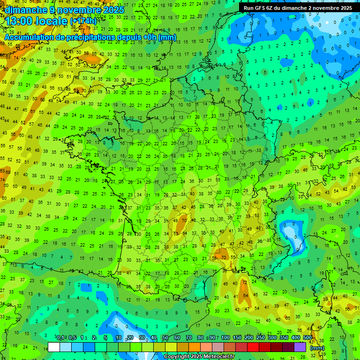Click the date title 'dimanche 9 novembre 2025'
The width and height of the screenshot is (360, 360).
(x=65, y=10)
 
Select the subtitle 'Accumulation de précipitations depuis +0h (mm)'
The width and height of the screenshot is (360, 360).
(x=90, y=37)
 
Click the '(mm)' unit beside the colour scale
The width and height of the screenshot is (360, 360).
(x=317, y=347)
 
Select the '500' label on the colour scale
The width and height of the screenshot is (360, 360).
(x=307, y=338)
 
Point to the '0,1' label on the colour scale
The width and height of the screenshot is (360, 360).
(x=60, y=338)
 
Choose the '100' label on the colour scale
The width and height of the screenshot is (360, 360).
(x=225, y=338)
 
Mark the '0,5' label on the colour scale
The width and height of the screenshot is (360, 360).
(x=72, y=338)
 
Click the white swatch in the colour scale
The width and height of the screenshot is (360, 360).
(x=54, y=347)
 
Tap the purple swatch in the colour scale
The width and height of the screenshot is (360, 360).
(x=300, y=347)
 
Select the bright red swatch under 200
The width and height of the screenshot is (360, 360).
(x=253, y=347)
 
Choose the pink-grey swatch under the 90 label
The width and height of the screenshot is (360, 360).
(x=218, y=347)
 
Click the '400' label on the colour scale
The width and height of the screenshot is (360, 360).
(x=295, y=338)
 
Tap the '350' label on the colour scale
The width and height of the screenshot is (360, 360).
(x=284, y=338)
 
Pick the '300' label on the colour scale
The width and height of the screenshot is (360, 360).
(x=272, y=338)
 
